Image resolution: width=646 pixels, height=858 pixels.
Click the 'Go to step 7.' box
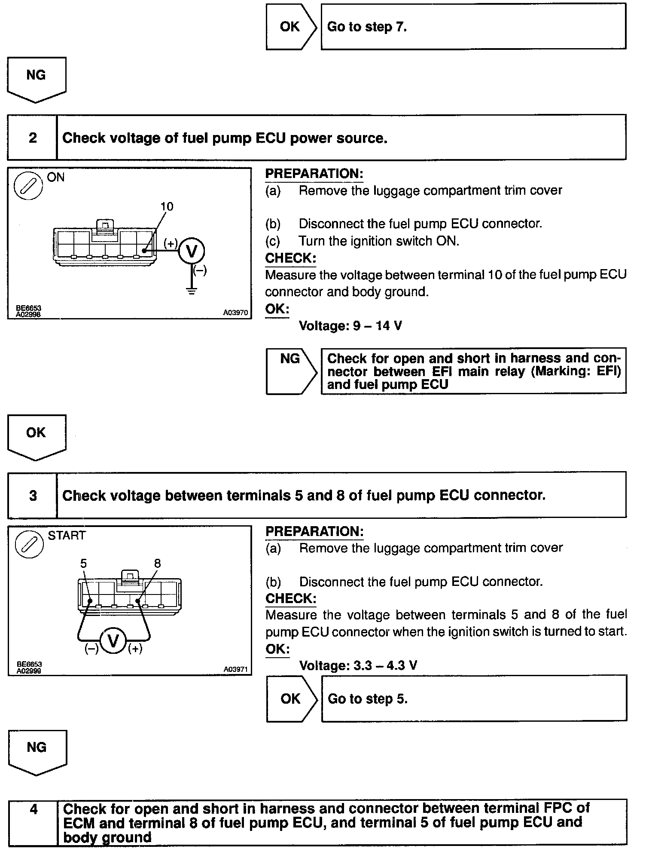point(473,27)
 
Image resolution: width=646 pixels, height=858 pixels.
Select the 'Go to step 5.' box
point(474,699)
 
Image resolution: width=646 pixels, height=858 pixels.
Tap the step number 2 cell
point(33,138)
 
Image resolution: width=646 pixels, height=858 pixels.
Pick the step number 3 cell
point(33,496)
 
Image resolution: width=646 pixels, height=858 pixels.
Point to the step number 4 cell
point(34,822)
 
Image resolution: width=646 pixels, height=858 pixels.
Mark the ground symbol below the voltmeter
point(192,291)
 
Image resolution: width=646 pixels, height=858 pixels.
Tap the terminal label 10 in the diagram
point(167,207)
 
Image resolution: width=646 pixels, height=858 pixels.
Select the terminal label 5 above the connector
point(83,564)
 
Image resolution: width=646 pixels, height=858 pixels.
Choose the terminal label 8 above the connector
point(157,564)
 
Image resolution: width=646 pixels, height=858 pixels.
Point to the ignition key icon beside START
point(29,544)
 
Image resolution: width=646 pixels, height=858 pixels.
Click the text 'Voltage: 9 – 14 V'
point(350,326)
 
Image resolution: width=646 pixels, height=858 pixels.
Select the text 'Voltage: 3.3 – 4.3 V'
point(358,666)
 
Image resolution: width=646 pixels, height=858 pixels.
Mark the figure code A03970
point(235,313)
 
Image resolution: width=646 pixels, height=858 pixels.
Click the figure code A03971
point(235,669)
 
